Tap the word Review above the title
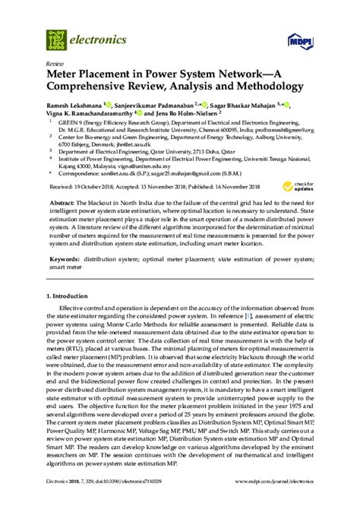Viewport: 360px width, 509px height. pos(55,65)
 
